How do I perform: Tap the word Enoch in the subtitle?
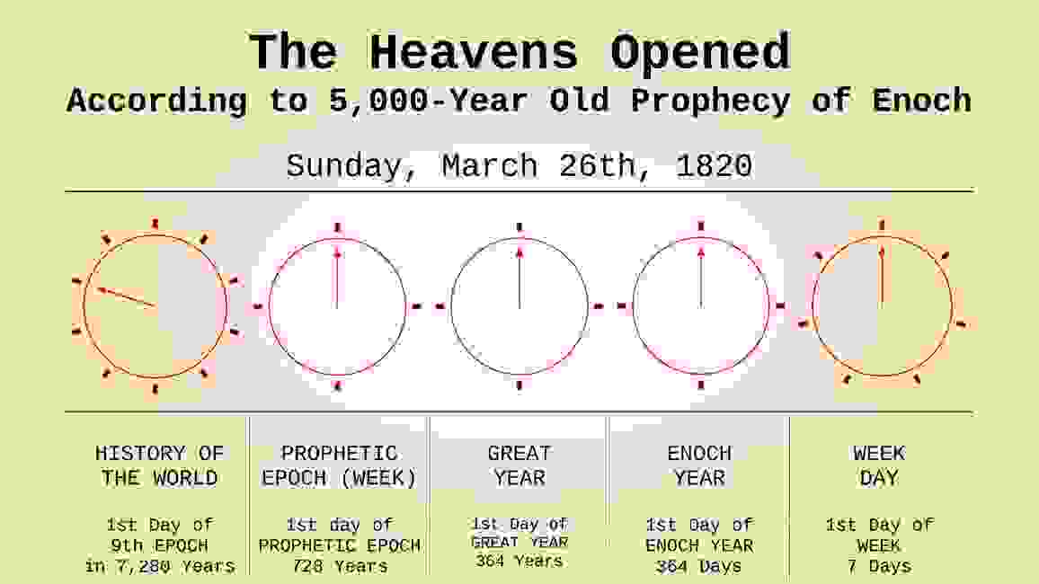[x=921, y=101]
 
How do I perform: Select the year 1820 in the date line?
[x=715, y=166]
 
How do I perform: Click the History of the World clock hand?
[x=126, y=297]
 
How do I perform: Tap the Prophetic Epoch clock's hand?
[x=337, y=279]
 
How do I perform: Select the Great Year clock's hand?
[x=519, y=279]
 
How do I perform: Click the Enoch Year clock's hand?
[x=700, y=279]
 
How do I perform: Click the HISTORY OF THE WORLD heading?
[x=159, y=465]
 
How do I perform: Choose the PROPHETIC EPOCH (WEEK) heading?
[x=339, y=465]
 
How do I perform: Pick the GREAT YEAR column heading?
[x=519, y=465]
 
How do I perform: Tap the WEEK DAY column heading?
[x=879, y=465]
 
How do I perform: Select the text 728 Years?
[x=339, y=566]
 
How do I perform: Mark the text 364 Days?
[x=699, y=566]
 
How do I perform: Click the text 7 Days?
[x=879, y=566]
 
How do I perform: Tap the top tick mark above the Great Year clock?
[x=519, y=226]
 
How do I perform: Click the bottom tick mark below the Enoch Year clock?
[x=700, y=385]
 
